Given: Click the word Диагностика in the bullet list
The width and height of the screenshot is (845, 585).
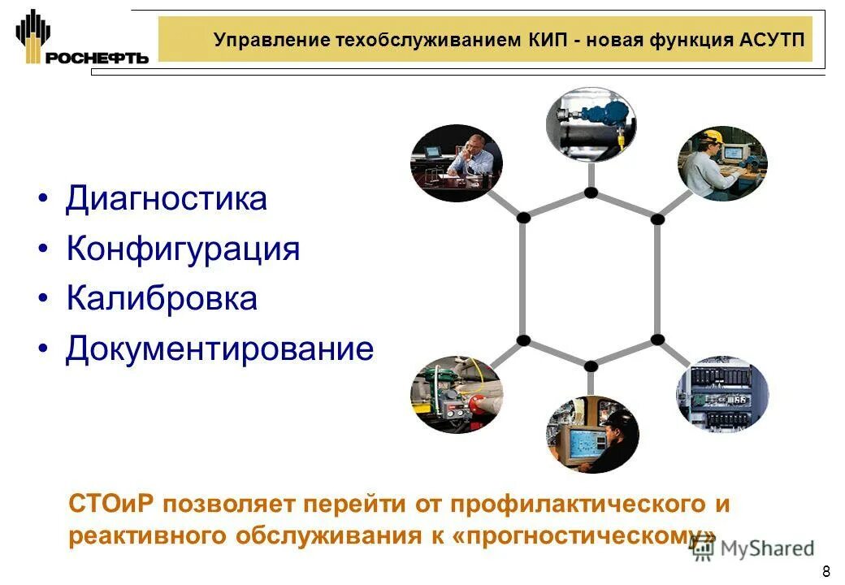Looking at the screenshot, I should [x=166, y=198].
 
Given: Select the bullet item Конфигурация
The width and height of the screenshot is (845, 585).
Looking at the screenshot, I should [x=183, y=249].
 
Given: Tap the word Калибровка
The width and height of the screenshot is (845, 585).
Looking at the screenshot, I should [x=162, y=299].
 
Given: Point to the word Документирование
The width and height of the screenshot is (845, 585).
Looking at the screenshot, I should [x=219, y=349].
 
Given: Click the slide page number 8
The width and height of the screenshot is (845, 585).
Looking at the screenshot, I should [x=826, y=570].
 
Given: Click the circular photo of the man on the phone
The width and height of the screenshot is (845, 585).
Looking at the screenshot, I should [x=456, y=163].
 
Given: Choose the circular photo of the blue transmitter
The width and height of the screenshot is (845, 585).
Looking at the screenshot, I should [x=591, y=124].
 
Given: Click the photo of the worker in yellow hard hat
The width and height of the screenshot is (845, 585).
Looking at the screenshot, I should [x=722, y=163].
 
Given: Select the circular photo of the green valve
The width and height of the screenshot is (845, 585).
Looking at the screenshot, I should [x=456, y=394].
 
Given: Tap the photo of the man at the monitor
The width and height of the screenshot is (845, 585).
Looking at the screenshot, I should [x=591, y=434].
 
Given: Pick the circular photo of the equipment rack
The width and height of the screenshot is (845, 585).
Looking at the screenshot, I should [x=722, y=393].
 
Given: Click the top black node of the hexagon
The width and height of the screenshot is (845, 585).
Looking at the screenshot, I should [x=591, y=193].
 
